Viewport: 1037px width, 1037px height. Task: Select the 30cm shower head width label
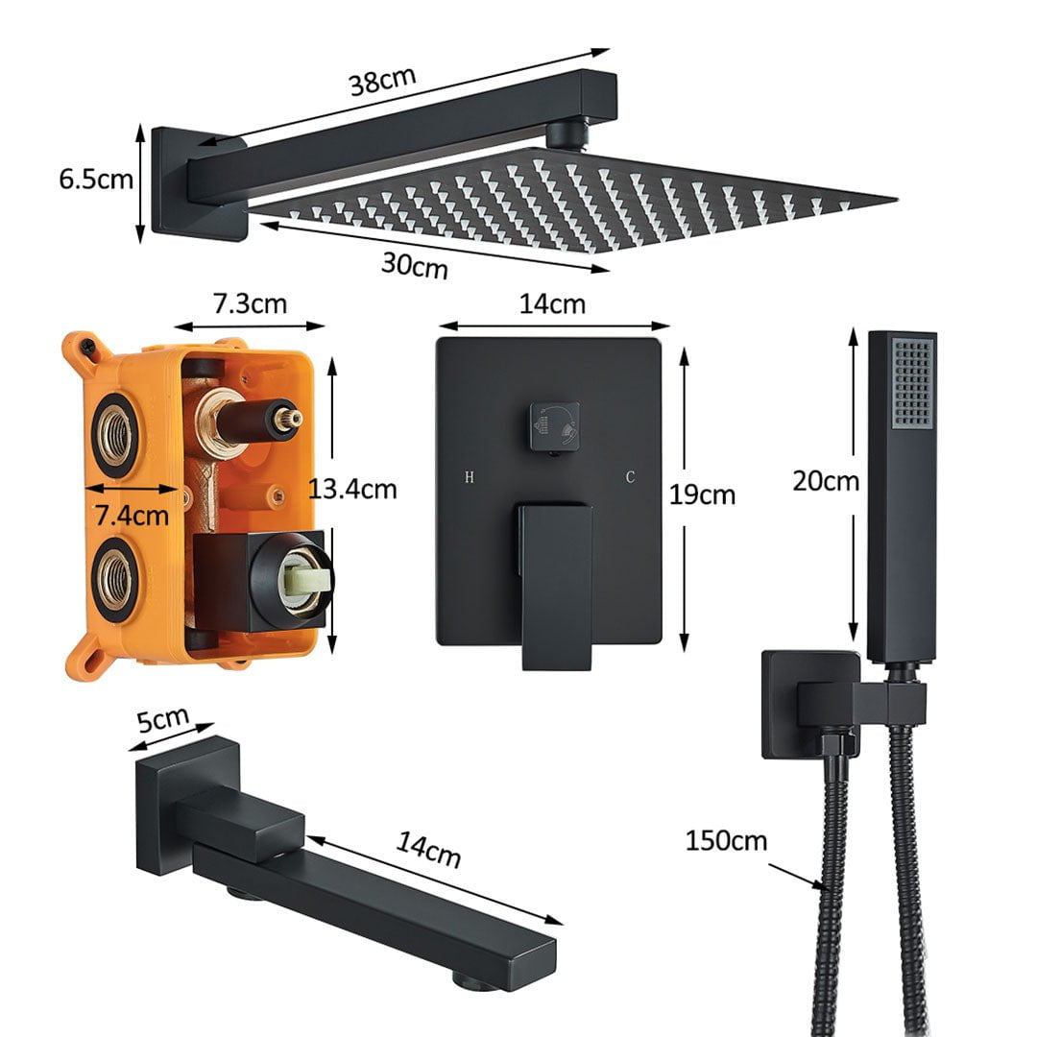point(414,264)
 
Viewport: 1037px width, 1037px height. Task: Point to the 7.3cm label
point(250,304)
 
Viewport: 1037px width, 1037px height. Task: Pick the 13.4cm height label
point(352,489)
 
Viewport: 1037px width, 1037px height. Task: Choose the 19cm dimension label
point(703,494)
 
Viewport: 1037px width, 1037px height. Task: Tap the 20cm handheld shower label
point(825,480)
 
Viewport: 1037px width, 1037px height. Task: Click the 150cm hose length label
point(726,841)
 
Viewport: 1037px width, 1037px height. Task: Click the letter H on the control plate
point(470,476)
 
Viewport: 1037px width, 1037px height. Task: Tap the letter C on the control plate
point(631,476)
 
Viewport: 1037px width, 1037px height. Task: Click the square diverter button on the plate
point(554,425)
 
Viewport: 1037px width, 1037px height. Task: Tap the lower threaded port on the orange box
point(114,576)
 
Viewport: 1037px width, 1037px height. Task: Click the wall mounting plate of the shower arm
point(182,182)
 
